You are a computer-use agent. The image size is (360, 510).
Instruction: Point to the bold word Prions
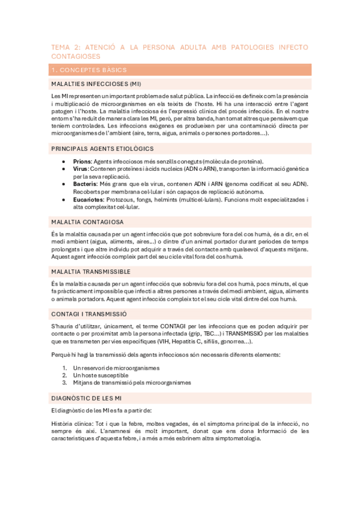coord(82,162)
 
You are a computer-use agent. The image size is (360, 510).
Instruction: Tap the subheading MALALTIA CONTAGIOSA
coord(87,221)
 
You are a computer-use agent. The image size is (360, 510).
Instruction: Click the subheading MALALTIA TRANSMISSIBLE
coord(91,271)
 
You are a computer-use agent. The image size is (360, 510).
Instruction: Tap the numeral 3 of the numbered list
coord(64,382)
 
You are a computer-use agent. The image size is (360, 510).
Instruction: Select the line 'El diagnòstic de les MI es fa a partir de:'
coord(106,410)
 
